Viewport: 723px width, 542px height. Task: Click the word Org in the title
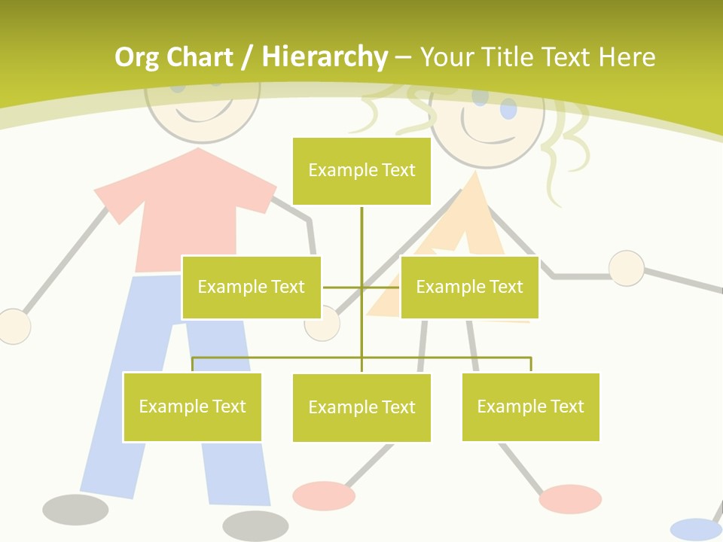click(x=137, y=57)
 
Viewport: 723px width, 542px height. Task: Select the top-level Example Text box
click(x=361, y=171)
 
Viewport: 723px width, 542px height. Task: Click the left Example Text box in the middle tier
click(x=251, y=287)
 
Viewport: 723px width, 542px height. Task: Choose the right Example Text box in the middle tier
click(x=469, y=287)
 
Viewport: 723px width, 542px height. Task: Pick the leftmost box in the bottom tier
click(x=192, y=406)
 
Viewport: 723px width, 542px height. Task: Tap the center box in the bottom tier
click(x=361, y=407)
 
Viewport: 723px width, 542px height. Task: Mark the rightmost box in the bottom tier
click(x=530, y=406)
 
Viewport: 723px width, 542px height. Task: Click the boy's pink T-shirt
click(x=188, y=218)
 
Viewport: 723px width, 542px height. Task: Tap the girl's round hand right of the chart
click(x=626, y=268)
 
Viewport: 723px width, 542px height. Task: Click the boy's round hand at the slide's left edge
click(x=14, y=327)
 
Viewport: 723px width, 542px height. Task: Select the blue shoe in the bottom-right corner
click(x=694, y=529)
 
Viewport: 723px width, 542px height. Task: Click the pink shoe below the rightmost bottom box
click(x=570, y=498)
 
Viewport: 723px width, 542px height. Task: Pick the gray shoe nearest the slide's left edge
click(x=75, y=510)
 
